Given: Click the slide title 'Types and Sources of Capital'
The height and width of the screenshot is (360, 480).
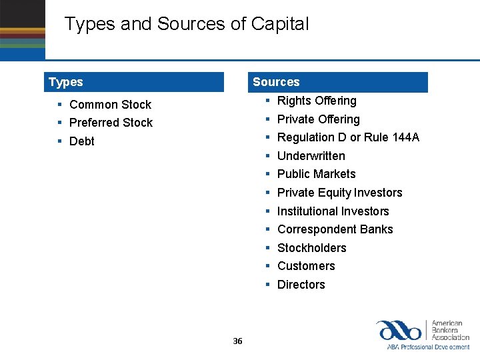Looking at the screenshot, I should (187, 25).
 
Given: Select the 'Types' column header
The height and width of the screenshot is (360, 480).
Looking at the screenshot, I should (66, 82).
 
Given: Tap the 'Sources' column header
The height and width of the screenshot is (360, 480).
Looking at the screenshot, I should (276, 82).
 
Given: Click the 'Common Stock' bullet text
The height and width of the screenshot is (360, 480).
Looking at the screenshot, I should (110, 105).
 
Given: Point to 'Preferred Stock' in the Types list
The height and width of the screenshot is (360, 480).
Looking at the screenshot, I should (111, 123).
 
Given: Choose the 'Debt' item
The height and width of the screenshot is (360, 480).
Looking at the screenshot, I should (82, 141).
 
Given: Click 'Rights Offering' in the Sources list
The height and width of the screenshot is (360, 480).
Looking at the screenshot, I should (317, 101).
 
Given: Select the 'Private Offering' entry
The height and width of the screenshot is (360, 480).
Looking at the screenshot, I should (318, 119).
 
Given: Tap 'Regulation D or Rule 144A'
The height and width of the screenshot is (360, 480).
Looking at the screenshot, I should (348, 137).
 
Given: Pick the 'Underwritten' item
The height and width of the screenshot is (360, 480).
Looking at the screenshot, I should (311, 156).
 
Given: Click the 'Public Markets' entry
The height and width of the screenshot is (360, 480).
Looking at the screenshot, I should (316, 174).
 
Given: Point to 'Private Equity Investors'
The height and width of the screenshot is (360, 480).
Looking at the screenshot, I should (339, 193).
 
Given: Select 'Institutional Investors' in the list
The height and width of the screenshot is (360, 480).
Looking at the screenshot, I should (333, 211).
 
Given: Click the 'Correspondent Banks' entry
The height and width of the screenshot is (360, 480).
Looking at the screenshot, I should (335, 229).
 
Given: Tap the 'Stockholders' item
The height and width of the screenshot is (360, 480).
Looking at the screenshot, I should (311, 248).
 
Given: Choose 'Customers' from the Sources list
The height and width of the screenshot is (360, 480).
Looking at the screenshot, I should (306, 266).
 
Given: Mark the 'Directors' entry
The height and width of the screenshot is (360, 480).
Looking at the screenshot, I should (301, 285).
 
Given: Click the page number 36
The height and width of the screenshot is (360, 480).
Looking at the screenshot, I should (238, 341).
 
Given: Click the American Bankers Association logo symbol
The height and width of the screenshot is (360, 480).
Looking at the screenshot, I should (398, 330).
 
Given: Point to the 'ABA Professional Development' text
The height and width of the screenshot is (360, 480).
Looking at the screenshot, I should (428, 347).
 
